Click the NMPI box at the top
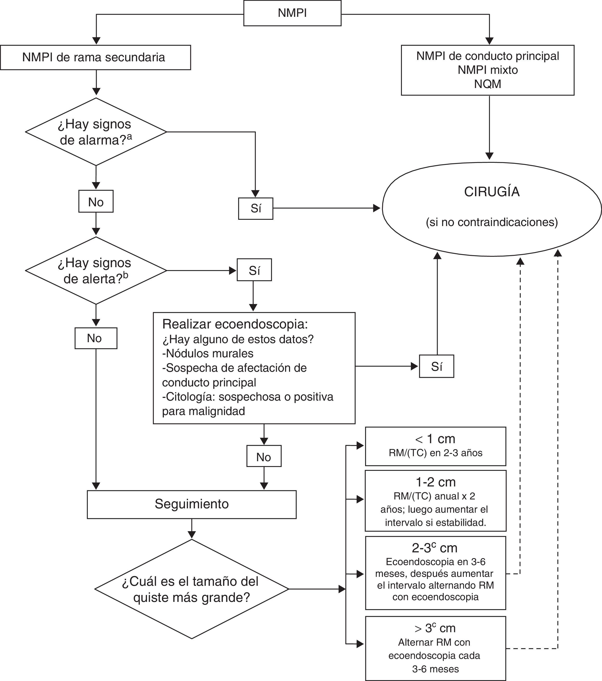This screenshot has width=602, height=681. (292, 13)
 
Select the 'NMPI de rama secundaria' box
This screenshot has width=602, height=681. (95, 57)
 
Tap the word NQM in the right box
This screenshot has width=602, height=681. (488, 84)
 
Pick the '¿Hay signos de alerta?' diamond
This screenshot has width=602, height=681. (96, 271)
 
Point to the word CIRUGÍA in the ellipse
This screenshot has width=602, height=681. (492, 192)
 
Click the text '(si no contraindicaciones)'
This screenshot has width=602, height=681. (492, 222)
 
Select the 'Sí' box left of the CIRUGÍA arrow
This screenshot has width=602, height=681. (255, 208)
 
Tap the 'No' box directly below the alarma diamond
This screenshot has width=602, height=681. (96, 202)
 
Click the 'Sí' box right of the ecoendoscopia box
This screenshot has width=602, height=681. (437, 366)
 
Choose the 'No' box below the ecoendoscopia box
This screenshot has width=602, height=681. (264, 457)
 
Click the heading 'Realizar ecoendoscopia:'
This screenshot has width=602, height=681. (235, 324)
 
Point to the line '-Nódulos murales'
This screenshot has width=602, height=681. (208, 353)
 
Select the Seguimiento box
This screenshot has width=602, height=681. (191, 504)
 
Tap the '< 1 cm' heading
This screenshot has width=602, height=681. (435, 439)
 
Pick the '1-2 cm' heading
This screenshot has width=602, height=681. (435, 482)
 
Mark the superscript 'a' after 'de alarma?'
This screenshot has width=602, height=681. (129, 136)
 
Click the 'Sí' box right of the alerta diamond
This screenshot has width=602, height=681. (254, 271)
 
